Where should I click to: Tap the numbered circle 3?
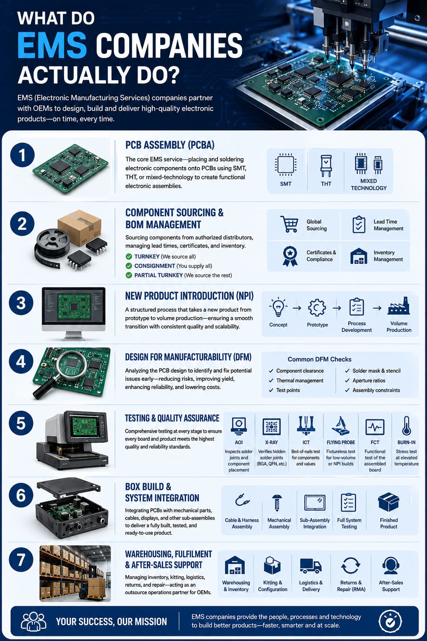(21, 303)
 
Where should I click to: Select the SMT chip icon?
(285, 165)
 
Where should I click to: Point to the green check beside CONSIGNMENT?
(129, 266)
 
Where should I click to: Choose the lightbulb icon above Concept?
(278, 307)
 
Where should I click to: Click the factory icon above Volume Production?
(398, 306)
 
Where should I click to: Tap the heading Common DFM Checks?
(319, 359)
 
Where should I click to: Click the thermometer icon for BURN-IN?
(407, 426)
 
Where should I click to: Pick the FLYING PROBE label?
(341, 442)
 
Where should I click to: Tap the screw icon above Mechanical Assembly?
(277, 503)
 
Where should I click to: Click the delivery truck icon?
(311, 566)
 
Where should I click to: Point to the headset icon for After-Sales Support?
(391, 565)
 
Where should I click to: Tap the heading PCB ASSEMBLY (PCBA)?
(170, 145)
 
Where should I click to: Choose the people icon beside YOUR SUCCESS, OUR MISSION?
(34, 621)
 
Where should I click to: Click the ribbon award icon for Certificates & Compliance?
(290, 256)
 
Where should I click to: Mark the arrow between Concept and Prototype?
(297, 308)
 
